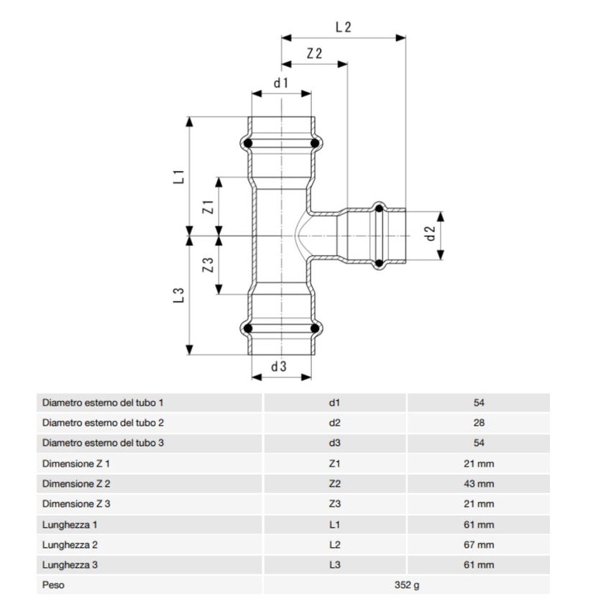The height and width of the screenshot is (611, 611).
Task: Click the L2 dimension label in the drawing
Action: tap(344, 27)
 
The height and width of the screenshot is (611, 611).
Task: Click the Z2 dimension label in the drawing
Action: tap(314, 54)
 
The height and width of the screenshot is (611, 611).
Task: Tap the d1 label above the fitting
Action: tap(281, 83)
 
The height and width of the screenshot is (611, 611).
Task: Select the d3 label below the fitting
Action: tap(279, 367)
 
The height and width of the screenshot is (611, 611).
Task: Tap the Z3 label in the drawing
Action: tap(208, 265)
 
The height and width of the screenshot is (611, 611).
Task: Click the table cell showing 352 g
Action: tap(407, 585)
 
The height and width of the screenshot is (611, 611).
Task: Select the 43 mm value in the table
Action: tap(479, 484)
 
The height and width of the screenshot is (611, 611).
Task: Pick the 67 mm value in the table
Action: tap(479, 545)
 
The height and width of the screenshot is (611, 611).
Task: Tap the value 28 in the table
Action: tap(479, 423)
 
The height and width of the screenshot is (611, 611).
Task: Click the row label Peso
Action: tap(53, 585)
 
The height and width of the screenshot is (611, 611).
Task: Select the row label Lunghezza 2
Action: tap(70, 545)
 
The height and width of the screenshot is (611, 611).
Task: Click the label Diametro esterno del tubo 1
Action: tap(104, 403)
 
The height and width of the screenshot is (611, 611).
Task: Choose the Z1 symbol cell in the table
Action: tap(334, 464)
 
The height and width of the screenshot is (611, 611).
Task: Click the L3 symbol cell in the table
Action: tap(334, 565)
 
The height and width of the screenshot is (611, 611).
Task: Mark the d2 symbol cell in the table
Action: tap(334, 423)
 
